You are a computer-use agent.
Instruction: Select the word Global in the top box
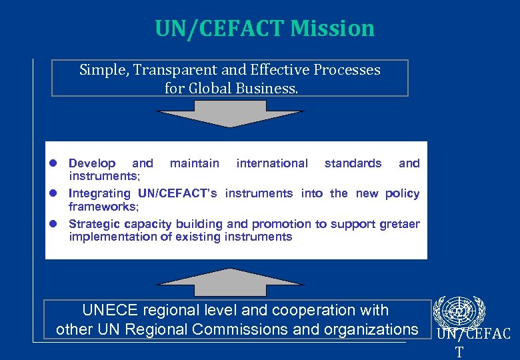click(214, 87)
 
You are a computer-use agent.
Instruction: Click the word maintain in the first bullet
click(195, 163)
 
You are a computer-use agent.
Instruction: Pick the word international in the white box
click(272, 163)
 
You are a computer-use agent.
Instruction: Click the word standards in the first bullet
click(353, 163)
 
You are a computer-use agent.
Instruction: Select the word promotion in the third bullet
click(281, 224)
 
